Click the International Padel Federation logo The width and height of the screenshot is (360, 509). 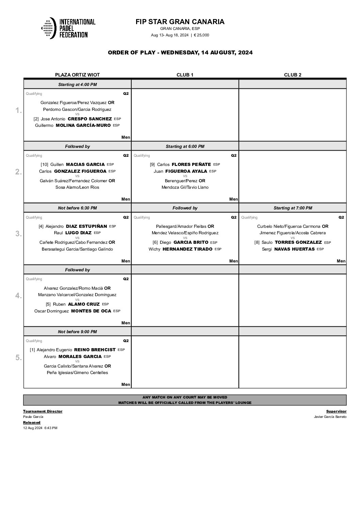click(68, 28)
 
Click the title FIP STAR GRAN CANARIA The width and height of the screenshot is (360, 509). click(180, 22)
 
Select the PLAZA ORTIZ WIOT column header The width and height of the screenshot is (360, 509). click(77, 75)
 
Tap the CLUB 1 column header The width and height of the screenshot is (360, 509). click(185, 75)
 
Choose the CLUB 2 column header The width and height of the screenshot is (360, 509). click(293, 75)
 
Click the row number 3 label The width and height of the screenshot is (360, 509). click(19, 234)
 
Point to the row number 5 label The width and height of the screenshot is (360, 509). click(19, 358)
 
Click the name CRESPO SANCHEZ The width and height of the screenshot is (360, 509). click(90, 119)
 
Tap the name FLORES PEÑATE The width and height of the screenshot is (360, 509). click(192, 165)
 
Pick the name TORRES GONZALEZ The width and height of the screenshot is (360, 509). click(298, 242)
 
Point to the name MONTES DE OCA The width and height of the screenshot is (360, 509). click(91, 311)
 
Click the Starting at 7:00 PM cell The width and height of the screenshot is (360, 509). click(293, 208)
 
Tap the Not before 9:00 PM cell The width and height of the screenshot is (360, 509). click(77, 332)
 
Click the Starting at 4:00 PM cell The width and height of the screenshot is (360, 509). click(77, 85)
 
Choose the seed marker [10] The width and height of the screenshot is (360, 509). click(44, 165)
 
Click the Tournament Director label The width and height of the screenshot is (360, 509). click(43, 411)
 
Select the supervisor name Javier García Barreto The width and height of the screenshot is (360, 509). click(330, 417)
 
